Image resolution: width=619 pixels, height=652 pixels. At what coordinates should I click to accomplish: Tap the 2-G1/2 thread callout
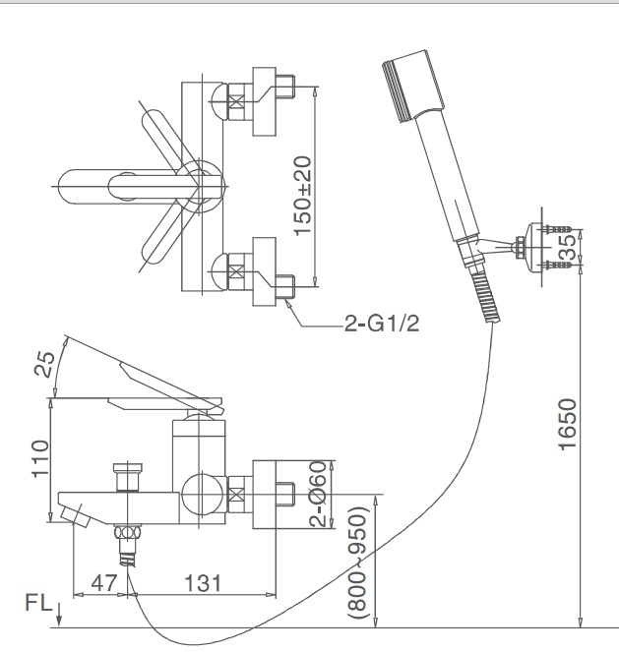point(382,326)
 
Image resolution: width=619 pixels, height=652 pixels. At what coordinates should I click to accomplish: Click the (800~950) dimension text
point(358,562)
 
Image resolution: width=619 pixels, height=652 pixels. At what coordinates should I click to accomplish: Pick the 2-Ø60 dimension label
point(318,494)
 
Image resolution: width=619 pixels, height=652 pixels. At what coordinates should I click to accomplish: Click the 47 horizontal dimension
point(102,583)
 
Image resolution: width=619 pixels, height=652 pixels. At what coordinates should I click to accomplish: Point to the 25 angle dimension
point(43,363)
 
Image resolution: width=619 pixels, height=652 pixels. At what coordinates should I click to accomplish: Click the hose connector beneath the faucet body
point(126,541)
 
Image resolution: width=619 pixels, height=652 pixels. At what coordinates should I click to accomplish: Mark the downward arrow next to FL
point(59,613)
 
